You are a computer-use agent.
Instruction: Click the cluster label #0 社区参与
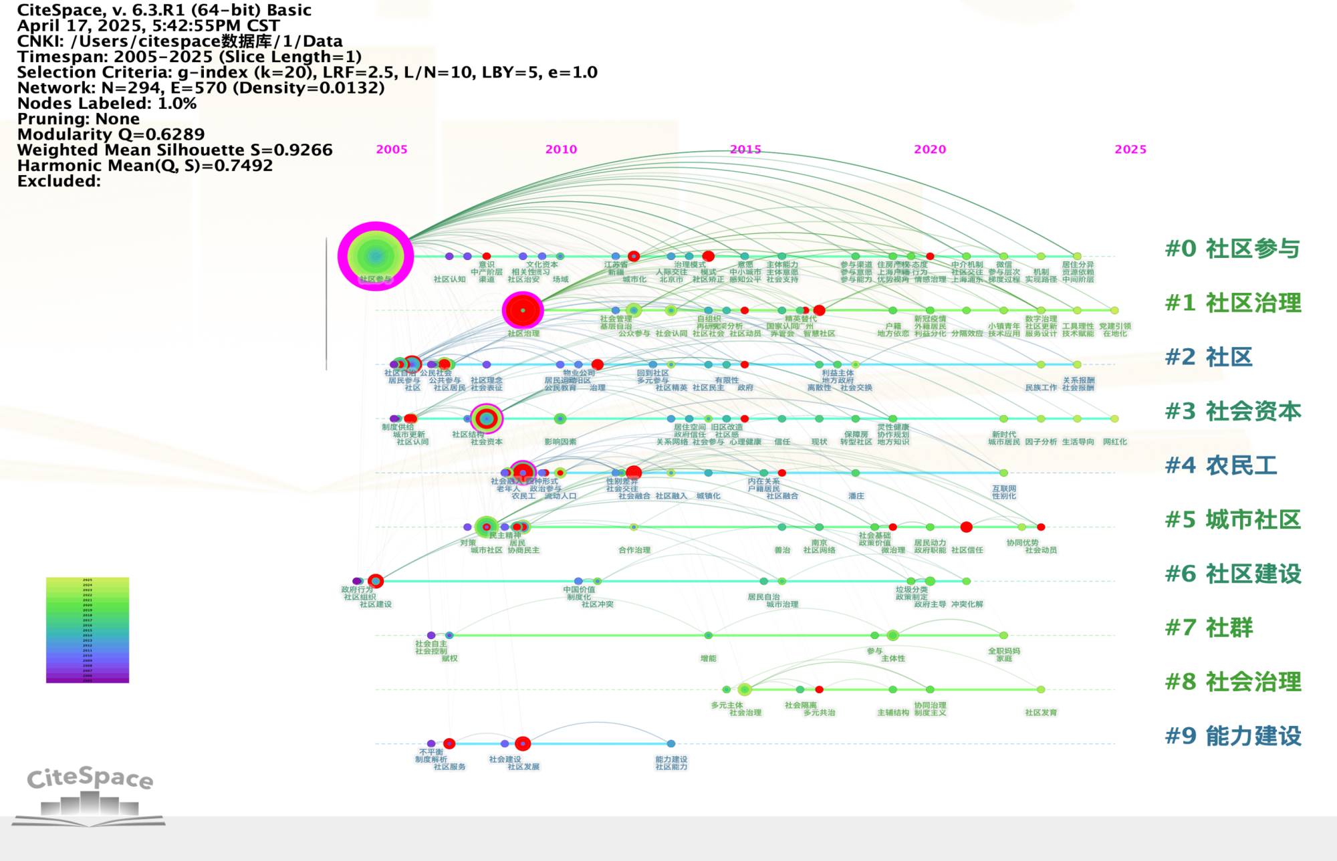point(1232,249)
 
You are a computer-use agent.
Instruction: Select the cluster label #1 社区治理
point(1233,303)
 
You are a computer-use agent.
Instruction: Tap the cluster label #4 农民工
point(1221,465)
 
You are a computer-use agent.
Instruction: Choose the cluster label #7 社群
point(1209,628)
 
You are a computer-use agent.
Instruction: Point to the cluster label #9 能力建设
point(1233,736)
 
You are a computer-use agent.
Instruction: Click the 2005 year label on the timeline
point(392,150)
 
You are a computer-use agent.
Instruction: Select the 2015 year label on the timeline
point(745,150)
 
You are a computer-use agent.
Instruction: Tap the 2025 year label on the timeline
point(1130,150)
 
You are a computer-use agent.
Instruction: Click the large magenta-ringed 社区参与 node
point(376,256)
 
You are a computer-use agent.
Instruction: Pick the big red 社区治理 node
point(523,310)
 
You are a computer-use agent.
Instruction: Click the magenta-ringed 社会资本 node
point(487,419)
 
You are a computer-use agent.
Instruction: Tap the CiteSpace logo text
point(90,778)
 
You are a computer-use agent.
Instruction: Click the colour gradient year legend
point(88,630)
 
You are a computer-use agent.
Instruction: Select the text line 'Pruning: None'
point(78,119)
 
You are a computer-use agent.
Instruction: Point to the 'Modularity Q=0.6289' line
point(111,134)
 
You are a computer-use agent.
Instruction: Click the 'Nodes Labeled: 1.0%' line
point(107,104)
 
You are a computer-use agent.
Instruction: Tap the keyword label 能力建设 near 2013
point(671,759)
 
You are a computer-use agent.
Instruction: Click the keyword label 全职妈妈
point(1004,650)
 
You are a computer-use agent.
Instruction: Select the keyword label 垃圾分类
point(911,590)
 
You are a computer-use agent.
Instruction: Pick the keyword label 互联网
point(1004,489)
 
